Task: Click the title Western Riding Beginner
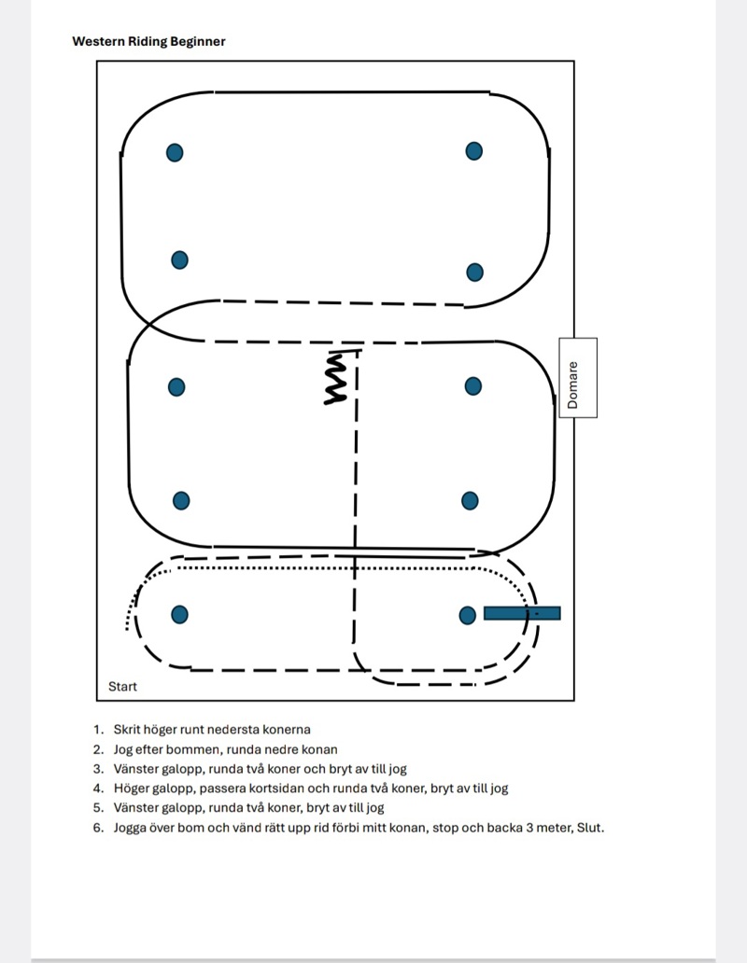pos(148,41)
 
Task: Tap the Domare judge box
pos(578,377)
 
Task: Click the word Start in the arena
pos(122,687)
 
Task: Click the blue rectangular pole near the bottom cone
pos(522,613)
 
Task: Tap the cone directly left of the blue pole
pos(468,614)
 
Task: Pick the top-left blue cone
pos(175,152)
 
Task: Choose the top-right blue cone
pos(473,150)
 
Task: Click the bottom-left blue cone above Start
pos(180,614)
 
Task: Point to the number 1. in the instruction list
pos(98,730)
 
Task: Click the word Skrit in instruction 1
pos(128,730)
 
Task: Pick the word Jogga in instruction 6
pos(133,827)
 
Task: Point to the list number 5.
pos(98,808)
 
